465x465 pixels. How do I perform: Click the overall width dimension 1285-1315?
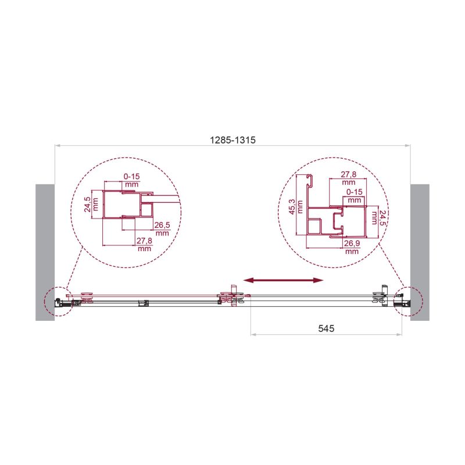click(x=233, y=140)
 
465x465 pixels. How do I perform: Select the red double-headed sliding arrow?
click(x=283, y=280)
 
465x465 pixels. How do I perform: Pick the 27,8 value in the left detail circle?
click(x=144, y=241)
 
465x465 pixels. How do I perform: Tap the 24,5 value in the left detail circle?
click(x=87, y=205)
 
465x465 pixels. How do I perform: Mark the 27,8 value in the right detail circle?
click(x=348, y=174)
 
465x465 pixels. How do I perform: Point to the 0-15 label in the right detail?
click(x=354, y=191)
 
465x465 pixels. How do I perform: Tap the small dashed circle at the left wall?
click(x=58, y=301)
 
